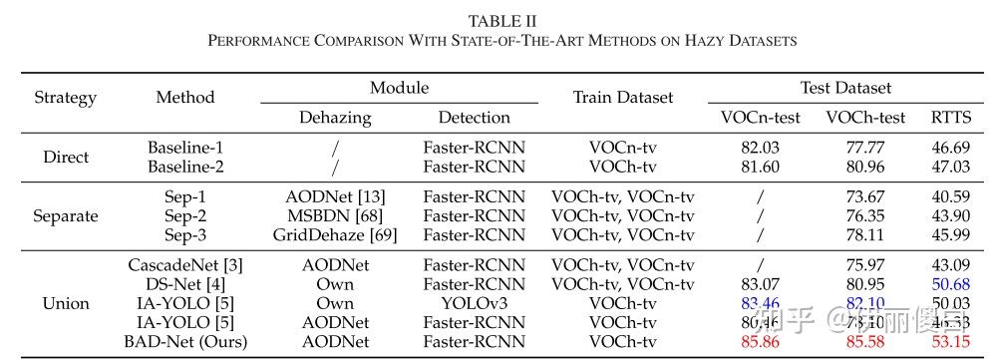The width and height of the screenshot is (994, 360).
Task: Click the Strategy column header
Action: (x=66, y=98)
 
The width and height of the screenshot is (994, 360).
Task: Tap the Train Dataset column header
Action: (x=622, y=98)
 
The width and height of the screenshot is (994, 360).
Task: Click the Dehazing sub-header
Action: (x=335, y=118)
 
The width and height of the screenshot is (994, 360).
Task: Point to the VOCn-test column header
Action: (x=760, y=118)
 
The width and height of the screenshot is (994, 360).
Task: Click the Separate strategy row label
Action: (x=66, y=215)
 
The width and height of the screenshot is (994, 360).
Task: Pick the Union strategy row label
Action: (x=66, y=303)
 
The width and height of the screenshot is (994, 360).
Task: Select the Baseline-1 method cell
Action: (x=185, y=147)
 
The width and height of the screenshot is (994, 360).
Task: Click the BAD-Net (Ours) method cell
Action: (x=185, y=342)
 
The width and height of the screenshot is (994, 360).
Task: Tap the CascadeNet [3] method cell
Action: (x=185, y=265)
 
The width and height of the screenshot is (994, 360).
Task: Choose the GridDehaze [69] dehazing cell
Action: (x=335, y=235)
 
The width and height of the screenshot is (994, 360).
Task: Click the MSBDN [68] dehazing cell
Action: (x=335, y=215)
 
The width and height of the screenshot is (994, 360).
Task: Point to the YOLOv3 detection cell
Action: (x=474, y=303)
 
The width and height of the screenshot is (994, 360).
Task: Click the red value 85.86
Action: (x=760, y=342)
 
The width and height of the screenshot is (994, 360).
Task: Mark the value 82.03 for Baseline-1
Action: (x=760, y=147)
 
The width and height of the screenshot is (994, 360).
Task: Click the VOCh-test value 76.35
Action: (x=865, y=215)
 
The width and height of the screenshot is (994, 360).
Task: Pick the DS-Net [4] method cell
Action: (x=185, y=284)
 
